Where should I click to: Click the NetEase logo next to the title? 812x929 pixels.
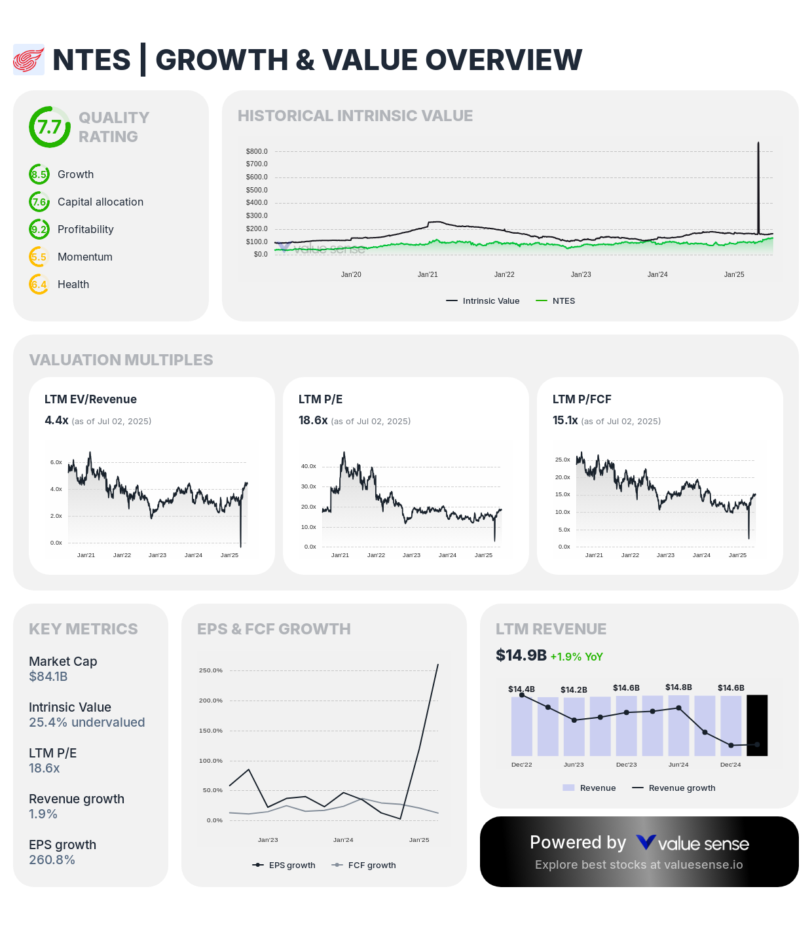click(29, 60)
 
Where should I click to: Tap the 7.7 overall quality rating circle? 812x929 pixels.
click(50, 127)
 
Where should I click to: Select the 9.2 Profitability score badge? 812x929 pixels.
click(39, 230)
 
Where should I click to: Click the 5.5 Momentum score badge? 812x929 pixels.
click(39, 257)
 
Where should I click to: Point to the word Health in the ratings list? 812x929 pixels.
click(73, 285)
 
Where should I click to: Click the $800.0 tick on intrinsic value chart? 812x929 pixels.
click(257, 151)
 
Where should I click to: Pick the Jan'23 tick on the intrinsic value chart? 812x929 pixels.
click(581, 275)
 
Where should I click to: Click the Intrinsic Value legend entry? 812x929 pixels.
click(483, 301)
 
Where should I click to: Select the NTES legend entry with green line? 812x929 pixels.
click(556, 301)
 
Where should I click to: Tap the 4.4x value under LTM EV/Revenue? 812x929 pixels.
click(56, 420)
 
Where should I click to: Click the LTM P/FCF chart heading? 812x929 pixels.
click(581, 399)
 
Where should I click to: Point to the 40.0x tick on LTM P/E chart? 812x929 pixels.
click(308, 467)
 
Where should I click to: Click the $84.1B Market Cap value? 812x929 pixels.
click(48, 677)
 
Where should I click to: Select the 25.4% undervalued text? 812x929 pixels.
click(87, 723)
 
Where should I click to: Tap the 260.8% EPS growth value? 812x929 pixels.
click(52, 860)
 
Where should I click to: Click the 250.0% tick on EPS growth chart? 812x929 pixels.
click(211, 670)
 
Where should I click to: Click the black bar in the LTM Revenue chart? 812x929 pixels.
click(757, 725)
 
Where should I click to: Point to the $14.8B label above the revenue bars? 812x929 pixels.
click(678, 687)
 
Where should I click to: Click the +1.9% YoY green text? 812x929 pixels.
click(576, 657)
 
